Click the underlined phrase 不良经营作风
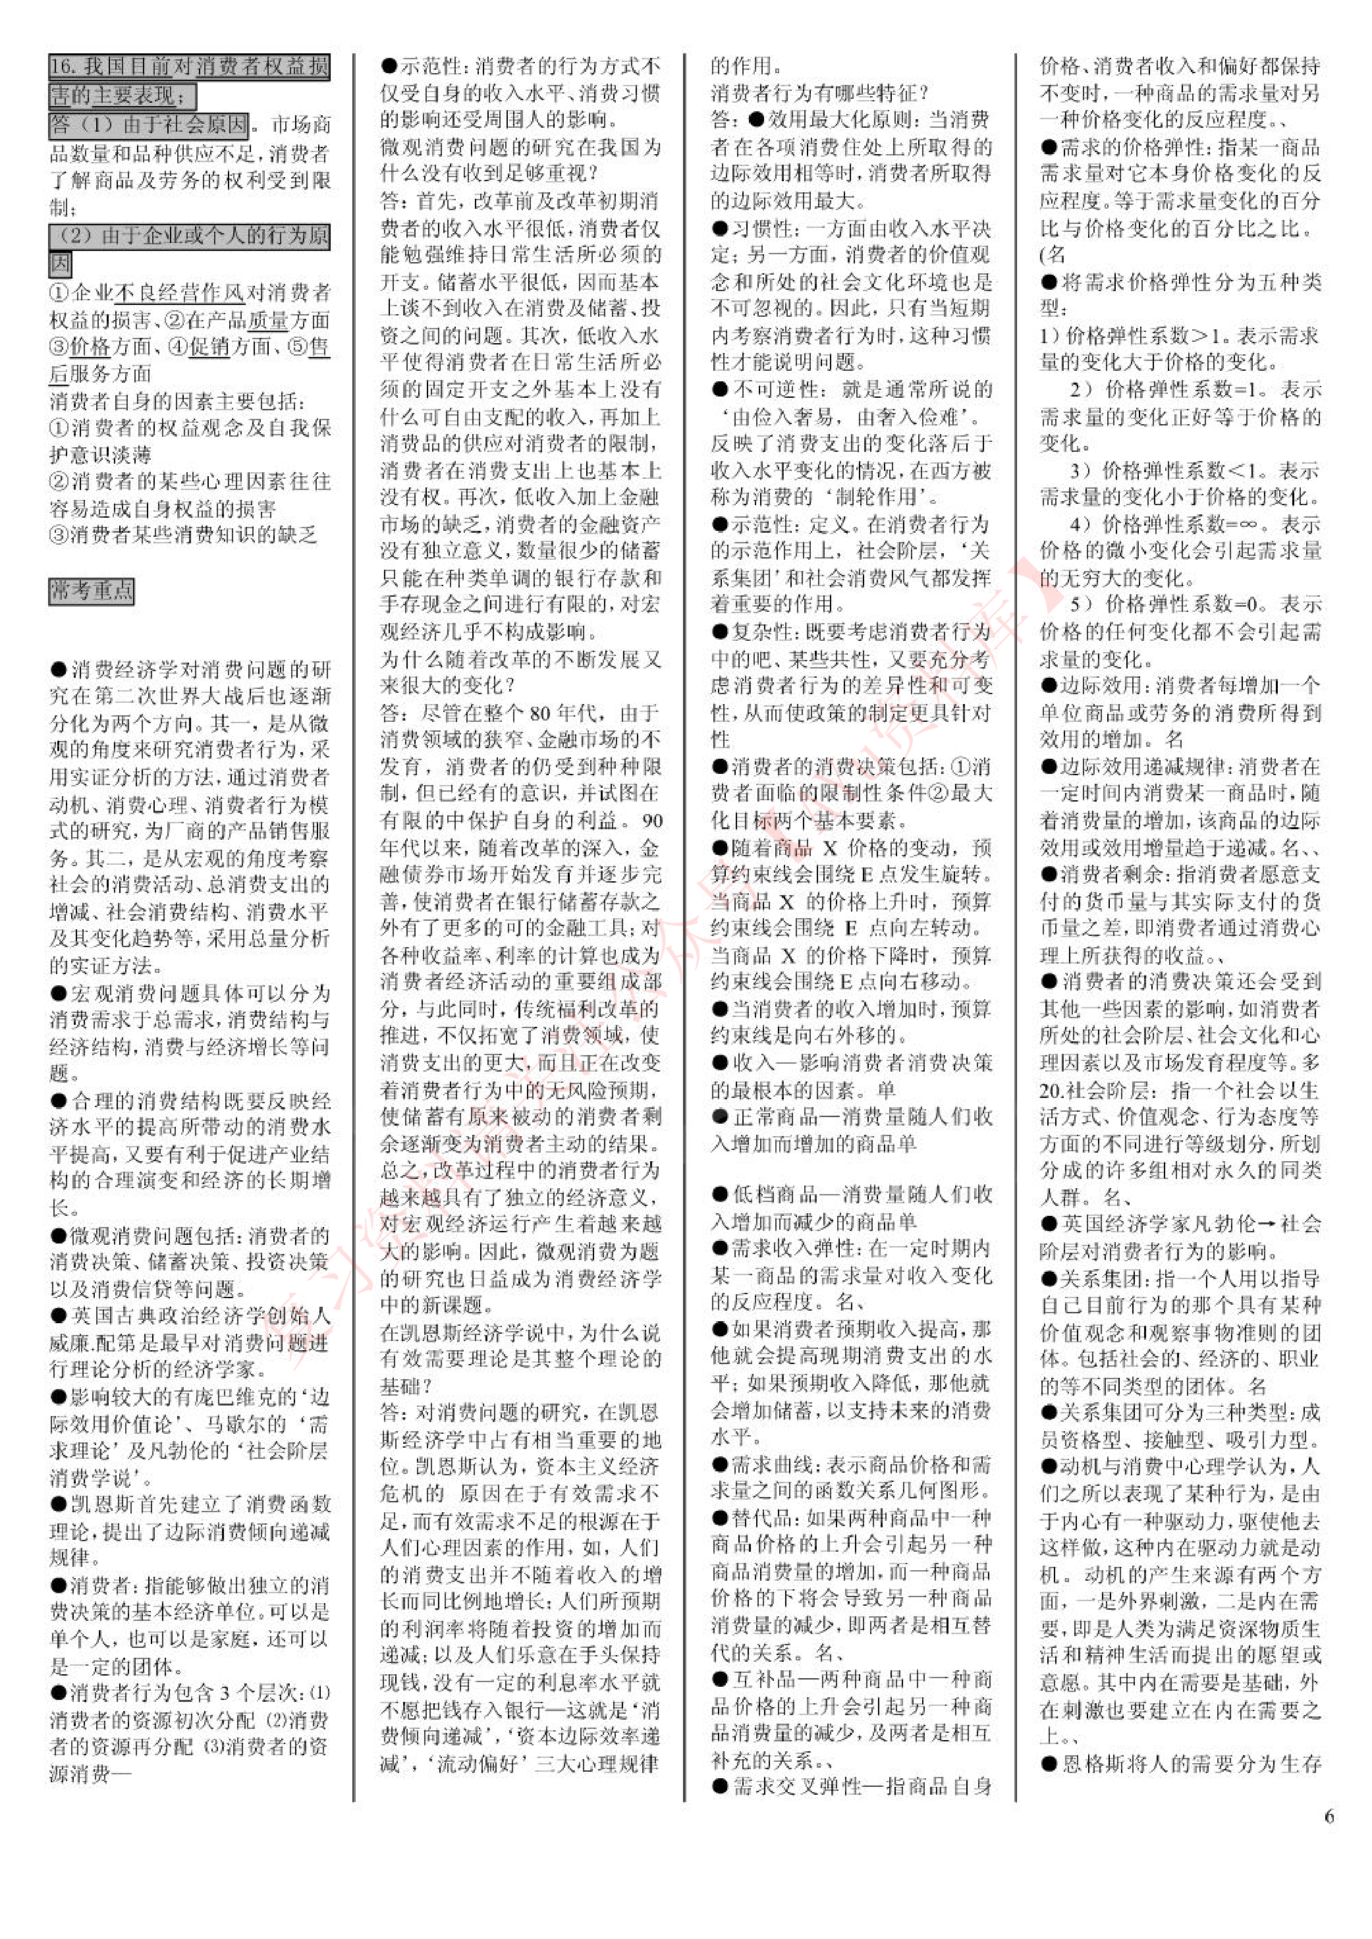click(178, 293)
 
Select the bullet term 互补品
click(760, 1679)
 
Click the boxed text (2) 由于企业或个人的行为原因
click(189, 236)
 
